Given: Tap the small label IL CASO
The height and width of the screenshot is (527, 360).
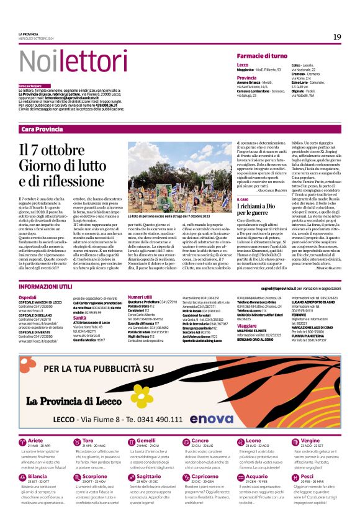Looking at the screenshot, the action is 243,199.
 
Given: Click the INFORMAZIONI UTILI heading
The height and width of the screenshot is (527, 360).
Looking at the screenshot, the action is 47,286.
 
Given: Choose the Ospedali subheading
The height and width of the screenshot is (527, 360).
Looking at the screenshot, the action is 27,297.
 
